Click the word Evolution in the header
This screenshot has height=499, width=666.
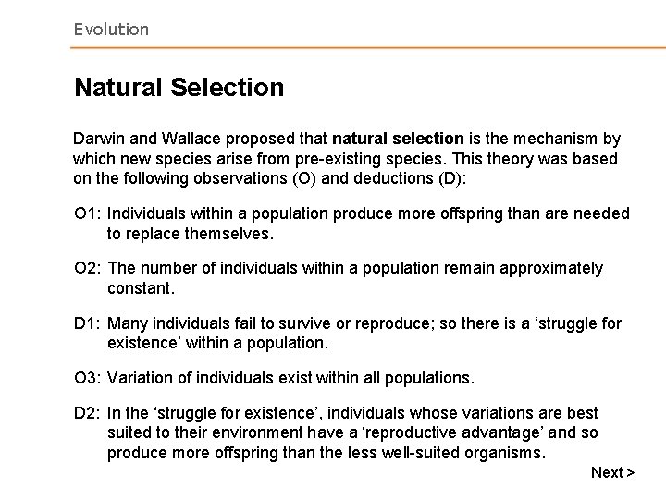click(x=111, y=30)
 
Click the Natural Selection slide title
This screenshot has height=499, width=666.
click(x=179, y=89)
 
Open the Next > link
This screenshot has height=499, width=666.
click(x=612, y=472)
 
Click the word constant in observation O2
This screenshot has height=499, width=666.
click(x=139, y=288)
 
